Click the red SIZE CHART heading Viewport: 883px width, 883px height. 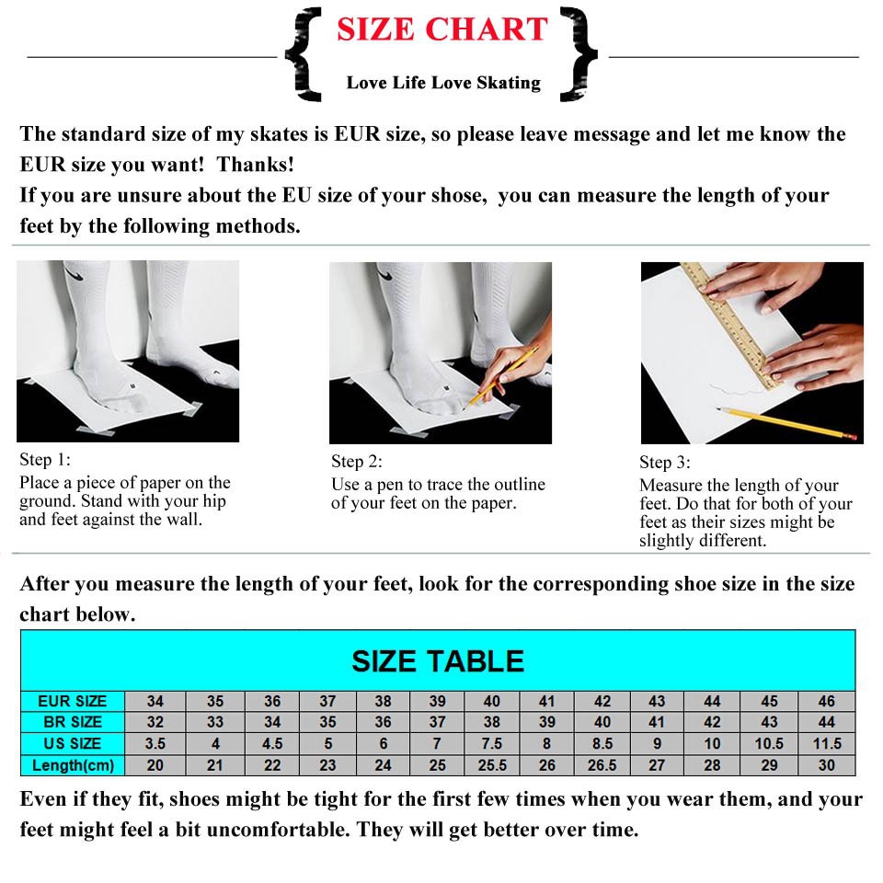[x=442, y=29]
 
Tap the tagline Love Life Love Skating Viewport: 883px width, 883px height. [x=443, y=83]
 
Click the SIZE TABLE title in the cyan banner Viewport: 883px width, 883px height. [x=438, y=661]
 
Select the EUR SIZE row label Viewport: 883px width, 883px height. [x=72, y=701]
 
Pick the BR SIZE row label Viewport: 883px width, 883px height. [x=72, y=722]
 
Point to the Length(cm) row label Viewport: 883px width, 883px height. [x=73, y=765]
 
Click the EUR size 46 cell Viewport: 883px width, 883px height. [x=826, y=701]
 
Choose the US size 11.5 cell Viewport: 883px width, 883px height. [x=826, y=744]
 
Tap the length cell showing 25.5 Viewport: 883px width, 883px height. [x=491, y=765]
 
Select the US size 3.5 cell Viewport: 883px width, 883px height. [x=155, y=744]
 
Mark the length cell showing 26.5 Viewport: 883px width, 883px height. [x=602, y=765]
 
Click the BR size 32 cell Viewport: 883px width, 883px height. [x=155, y=722]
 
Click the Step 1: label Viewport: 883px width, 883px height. [x=45, y=460]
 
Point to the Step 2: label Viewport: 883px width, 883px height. [x=357, y=462]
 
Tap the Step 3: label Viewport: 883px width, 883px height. [x=664, y=463]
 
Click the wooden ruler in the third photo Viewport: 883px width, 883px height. [x=731, y=326]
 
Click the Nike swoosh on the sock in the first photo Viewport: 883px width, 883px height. [x=74, y=274]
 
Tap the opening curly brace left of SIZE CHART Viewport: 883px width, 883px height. [x=304, y=54]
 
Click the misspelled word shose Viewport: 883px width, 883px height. [x=457, y=195]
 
